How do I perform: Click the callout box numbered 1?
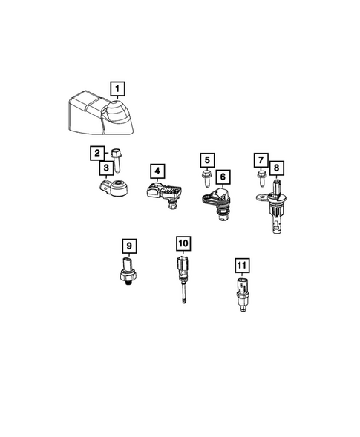118,89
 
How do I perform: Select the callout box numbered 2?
97,154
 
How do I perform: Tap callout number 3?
107,168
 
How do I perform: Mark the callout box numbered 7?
260,160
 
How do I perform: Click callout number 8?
276,168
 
